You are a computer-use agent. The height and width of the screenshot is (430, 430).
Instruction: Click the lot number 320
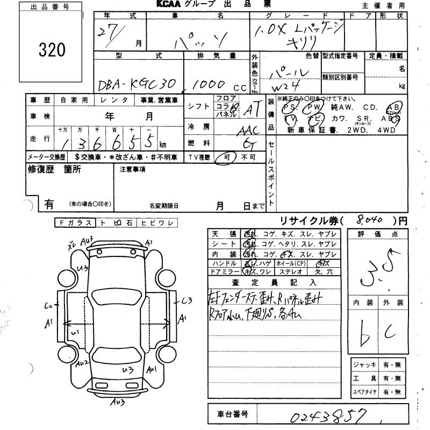click(52, 50)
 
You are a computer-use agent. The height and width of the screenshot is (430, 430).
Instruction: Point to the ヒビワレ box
click(158, 223)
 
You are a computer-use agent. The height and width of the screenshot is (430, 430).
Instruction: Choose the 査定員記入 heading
click(274, 282)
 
